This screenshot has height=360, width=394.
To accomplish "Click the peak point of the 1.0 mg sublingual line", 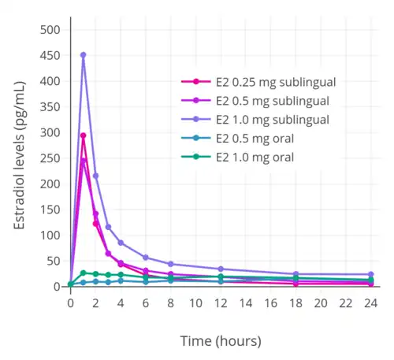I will [x=83, y=55].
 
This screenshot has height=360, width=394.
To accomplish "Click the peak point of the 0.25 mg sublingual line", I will [x=83, y=135].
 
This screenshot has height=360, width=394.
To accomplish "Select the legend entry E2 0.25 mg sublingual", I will [x=266, y=81].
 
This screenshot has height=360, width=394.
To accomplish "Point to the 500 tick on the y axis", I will [x=50, y=30].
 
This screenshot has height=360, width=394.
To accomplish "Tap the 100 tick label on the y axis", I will [x=50, y=236].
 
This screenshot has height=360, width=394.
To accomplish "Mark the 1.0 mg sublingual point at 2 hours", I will [x=95, y=176].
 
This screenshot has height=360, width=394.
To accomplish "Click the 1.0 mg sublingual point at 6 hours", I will [x=146, y=258].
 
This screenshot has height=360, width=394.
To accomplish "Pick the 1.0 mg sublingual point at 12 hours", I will [x=221, y=269].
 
